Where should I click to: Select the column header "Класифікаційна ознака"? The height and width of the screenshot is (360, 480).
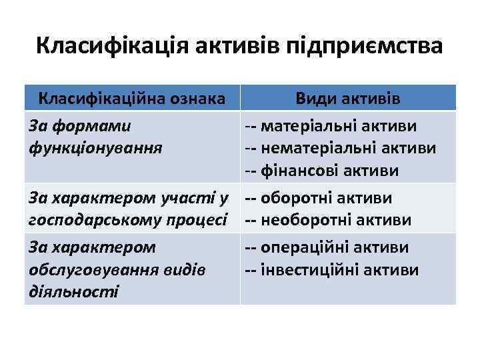[x=131, y=99]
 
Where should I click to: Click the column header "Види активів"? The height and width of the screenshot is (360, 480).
[x=348, y=99]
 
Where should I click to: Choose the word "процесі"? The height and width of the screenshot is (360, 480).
[x=199, y=221]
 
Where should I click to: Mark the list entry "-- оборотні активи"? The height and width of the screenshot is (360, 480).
[x=318, y=198]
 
